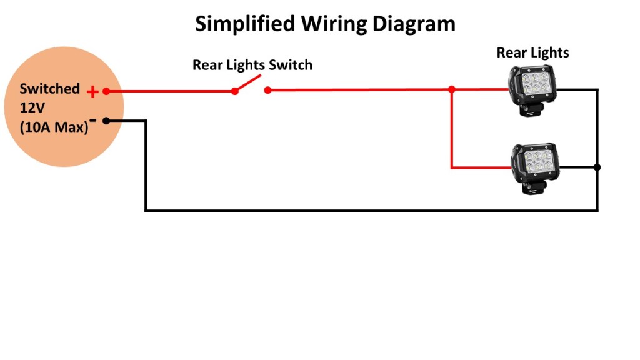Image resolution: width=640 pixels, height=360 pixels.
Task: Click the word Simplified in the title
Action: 244,24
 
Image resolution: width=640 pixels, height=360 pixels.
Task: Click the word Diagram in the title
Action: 413,24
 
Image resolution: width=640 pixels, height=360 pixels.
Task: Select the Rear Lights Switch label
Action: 252,64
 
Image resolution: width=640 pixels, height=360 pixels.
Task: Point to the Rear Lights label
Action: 532,52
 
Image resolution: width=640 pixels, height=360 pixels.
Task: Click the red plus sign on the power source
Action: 92,92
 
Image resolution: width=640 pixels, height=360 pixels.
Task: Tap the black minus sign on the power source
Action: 92,119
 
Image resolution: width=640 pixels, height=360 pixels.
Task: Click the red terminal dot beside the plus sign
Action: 106,91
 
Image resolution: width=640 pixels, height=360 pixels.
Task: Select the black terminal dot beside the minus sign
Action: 106,121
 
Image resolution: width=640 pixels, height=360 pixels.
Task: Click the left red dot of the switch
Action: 235,91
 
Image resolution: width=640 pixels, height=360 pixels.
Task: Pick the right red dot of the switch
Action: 267,91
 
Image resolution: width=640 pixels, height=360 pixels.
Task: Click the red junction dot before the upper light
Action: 451,90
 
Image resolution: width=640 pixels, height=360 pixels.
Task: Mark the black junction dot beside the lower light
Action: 597,167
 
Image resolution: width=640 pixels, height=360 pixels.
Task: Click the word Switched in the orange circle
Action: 50,89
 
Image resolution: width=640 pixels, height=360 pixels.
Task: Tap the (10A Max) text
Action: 54,127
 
